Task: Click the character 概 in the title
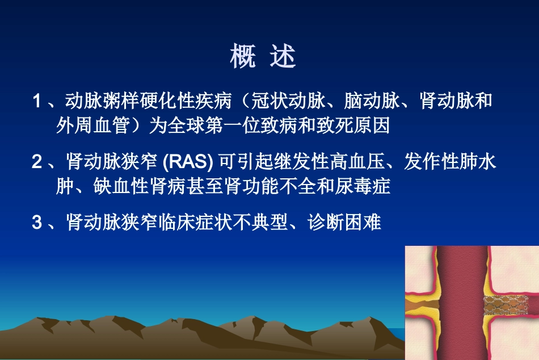tap(243, 57)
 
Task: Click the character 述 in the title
tap(283, 57)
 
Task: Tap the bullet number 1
tap(37, 102)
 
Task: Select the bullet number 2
tap(37, 162)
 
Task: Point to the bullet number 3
tap(37, 222)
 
